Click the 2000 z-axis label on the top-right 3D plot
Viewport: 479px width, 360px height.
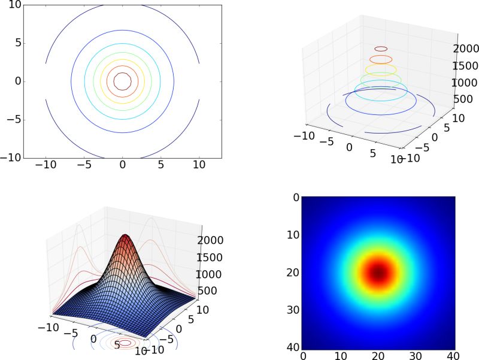(461, 48)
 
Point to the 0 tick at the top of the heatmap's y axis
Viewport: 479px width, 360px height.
(296, 197)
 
